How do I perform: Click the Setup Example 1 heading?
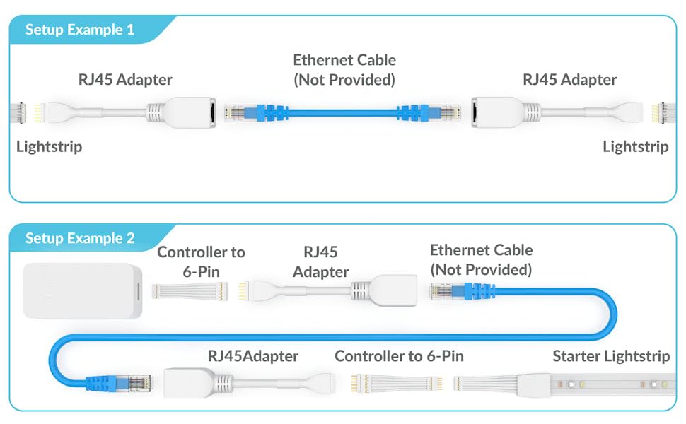(x=80, y=30)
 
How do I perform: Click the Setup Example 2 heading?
(x=80, y=238)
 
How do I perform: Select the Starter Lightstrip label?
(x=611, y=356)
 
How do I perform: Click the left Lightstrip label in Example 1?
(x=49, y=147)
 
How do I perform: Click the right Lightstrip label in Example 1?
(x=635, y=147)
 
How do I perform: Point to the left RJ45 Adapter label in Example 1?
(x=125, y=80)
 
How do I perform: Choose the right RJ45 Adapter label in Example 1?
(x=569, y=80)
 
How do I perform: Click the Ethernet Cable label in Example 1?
(x=344, y=70)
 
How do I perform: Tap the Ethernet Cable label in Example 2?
(x=481, y=259)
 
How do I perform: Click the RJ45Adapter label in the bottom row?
(x=252, y=356)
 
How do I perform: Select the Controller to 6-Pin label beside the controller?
(x=201, y=261)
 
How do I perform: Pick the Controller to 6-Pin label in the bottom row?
(x=399, y=356)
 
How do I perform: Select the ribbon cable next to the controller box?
(x=192, y=290)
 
